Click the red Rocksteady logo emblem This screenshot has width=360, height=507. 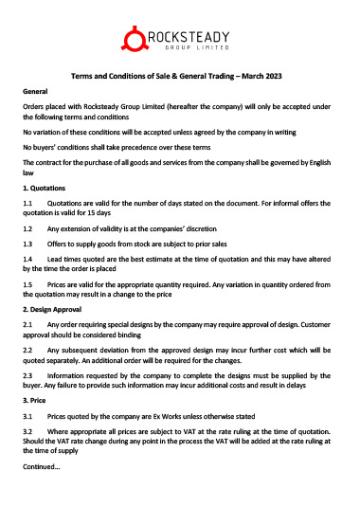135,40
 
